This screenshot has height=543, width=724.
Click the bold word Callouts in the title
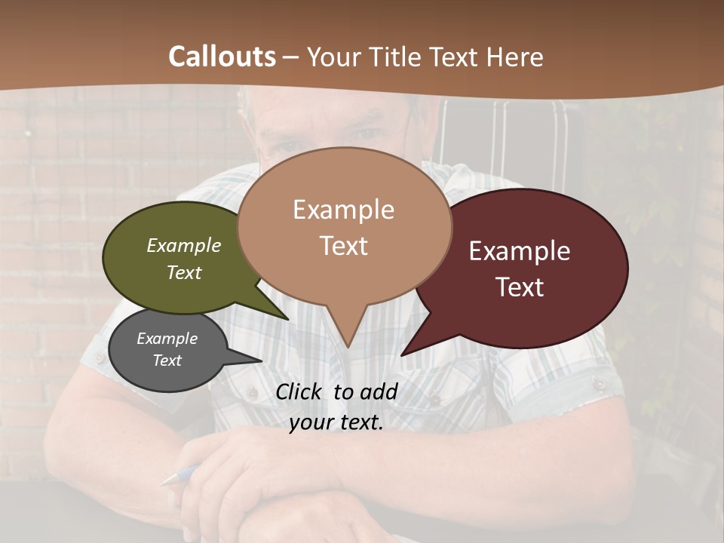click(222, 57)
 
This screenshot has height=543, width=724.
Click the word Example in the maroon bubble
click(520, 251)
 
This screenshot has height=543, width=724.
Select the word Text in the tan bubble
click(344, 246)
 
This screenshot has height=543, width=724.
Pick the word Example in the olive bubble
click(184, 245)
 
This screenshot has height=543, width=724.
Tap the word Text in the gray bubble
click(167, 360)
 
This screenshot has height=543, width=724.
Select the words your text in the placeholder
click(336, 423)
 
